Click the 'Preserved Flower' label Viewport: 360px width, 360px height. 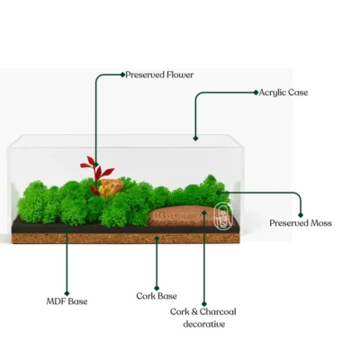(x=159, y=75)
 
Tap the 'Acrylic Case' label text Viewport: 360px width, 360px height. (x=283, y=93)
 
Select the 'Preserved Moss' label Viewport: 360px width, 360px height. (x=301, y=223)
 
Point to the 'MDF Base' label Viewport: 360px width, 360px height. (x=67, y=301)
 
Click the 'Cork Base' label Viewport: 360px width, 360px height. (x=157, y=296)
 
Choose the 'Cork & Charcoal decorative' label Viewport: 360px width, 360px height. (x=203, y=318)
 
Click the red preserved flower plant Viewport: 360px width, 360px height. (x=96, y=174)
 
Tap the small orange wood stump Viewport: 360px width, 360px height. (x=111, y=188)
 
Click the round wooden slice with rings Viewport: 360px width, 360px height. (x=182, y=216)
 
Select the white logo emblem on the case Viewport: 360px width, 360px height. (x=223, y=216)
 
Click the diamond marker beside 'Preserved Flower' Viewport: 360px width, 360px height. (x=122, y=75)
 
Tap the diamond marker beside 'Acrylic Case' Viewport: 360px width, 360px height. (x=256, y=93)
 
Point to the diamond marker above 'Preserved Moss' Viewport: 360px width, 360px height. (x=301, y=215)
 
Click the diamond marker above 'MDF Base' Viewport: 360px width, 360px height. (x=67, y=293)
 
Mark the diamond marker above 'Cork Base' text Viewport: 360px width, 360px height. (x=157, y=288)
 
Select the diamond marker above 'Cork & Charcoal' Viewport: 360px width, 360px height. (x=204, y=304)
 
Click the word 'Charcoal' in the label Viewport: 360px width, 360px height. (x=218, y=311)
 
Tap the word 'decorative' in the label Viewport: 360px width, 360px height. (x=204, y=324)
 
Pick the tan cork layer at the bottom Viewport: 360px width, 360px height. (x=125, y=238)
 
